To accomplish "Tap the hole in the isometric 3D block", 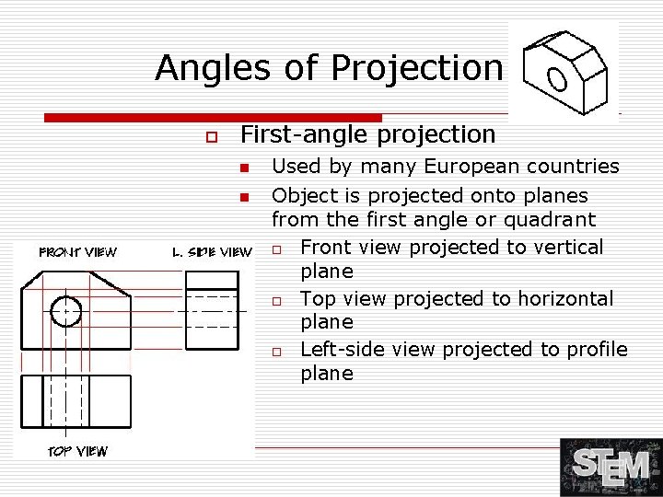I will pos(557,79).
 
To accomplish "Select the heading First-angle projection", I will pos(367,134).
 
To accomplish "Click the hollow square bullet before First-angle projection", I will pos(211,136).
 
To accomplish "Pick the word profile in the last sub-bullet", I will pos(596,349).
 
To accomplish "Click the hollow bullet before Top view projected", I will pos(276,301).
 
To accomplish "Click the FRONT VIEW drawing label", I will pos(77,252).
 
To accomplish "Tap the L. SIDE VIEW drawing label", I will pos(212,252).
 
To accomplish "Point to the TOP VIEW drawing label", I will pos(77,451).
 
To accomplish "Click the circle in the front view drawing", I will pos(66,312).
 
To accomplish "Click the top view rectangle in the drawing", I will pos(76,401).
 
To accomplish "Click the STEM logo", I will pos(611,467).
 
